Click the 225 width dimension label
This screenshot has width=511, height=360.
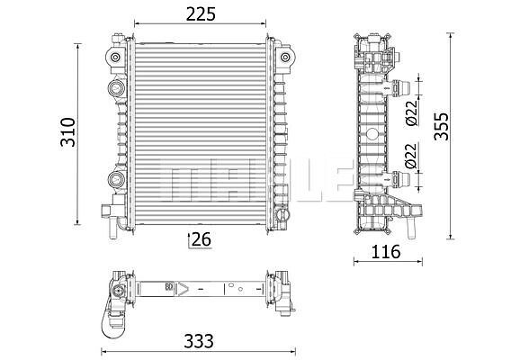tap(201, 14)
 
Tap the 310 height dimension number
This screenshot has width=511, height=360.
tap(68, 132)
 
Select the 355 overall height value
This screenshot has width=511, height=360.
tap(442, 127)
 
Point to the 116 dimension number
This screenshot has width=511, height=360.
tap(386, 252)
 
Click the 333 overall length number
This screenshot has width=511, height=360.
tap(199, 341)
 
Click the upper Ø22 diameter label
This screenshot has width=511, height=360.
tap(412, 112)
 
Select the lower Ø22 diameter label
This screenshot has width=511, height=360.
tap(412, 156)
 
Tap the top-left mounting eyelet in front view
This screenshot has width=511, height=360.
tap(115, 58)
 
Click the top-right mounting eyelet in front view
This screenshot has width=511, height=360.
tap(285, 58)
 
